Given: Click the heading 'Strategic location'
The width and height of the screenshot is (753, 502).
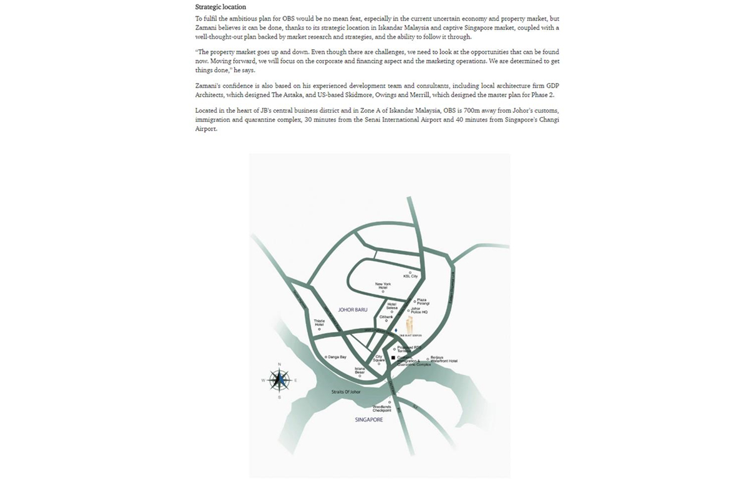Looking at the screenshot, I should point(221,7).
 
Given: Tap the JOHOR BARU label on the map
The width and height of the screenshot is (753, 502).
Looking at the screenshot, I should point(352,310).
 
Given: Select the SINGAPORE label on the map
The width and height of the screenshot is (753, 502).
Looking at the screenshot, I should point(368,420).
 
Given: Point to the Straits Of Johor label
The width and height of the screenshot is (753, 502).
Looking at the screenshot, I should point(346,392).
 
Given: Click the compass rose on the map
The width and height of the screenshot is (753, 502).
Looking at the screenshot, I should point(279,379).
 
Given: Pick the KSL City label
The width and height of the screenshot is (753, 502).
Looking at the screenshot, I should point(410,276).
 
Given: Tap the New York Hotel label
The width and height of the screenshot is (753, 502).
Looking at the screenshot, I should point(383,285).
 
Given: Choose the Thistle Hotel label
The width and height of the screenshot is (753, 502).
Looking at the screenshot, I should point(319,323).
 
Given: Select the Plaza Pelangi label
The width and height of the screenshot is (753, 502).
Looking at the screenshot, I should point(423,301).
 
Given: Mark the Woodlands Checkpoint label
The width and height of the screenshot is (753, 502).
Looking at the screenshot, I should point(382,409).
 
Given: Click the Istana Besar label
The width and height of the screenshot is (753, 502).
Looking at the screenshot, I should point(360,371).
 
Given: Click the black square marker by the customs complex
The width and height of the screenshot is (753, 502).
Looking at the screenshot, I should point(393,358).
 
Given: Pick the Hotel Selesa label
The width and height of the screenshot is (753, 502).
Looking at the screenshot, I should point(392,306).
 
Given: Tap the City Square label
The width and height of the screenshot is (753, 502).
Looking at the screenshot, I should point(379,359).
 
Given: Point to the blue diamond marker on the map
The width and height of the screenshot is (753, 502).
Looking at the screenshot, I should point(396,329).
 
